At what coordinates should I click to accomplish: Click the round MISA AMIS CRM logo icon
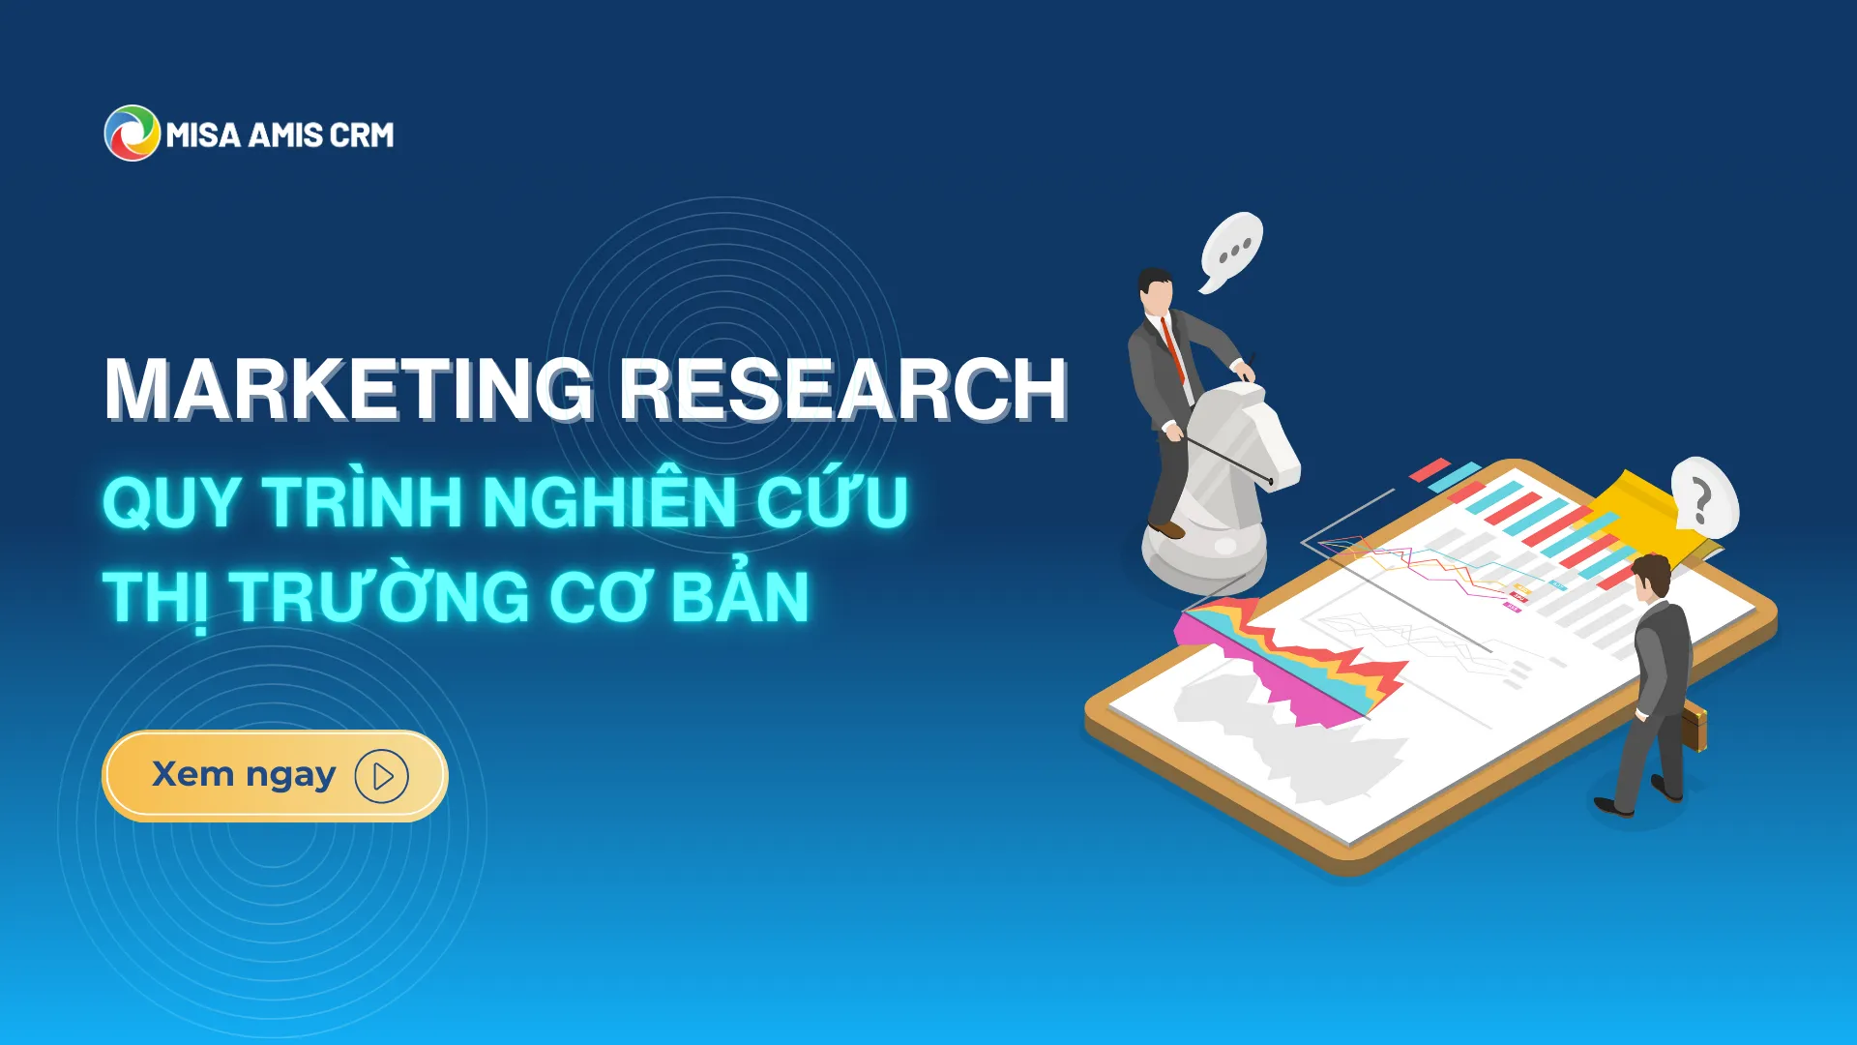[132, 134]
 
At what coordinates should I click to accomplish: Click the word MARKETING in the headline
[349, 389]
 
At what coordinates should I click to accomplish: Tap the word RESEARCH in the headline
[842, 389]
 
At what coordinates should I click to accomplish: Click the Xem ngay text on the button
[244, 775]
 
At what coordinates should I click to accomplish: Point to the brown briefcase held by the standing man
[1694, 729]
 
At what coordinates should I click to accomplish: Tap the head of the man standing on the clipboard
[1652, 578]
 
